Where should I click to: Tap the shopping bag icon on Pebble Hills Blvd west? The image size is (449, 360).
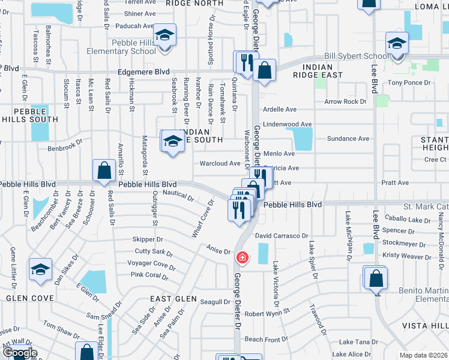click(104, 170)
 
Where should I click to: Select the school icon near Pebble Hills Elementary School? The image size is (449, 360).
click(164, 35)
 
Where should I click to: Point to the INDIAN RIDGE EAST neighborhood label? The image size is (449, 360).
click(318, 70)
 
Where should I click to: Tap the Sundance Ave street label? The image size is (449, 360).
click(348, 139)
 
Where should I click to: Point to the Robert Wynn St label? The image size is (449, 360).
click(267, 313)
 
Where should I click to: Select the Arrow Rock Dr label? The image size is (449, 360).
click(345, 101)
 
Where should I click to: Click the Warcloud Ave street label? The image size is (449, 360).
click(220, 163)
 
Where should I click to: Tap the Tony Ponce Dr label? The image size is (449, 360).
click(410, 83)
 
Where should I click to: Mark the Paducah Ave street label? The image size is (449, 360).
click(131, 26)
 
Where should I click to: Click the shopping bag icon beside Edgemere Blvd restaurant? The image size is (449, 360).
click(264, 69)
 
